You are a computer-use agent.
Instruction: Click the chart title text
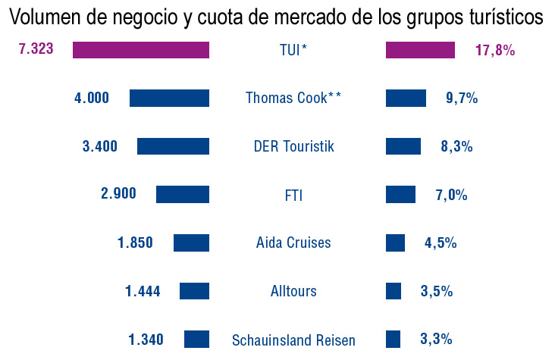pos(277,17)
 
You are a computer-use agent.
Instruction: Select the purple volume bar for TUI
pos(140,50)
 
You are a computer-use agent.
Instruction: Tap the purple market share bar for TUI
pos(420,50)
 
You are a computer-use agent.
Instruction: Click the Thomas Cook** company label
pos(293,98)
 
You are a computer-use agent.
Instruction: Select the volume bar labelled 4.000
pos(169,98)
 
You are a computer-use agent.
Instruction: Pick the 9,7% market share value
pos(462,98)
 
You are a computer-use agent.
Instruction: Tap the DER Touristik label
pos(293,146)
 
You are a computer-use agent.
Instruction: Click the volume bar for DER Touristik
pos(173,146)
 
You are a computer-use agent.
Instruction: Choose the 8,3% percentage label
pos(456,146)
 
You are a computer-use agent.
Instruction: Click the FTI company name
pos(293,195)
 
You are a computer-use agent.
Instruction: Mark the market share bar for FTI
pos(400,194)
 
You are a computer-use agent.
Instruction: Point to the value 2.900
pos(118,193)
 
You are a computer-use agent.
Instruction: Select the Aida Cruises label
pos(293,243)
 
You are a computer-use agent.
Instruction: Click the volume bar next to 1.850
pos(191,243)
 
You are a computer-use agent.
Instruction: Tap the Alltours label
pos(293,291)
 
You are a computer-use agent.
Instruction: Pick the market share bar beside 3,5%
pos(394,291)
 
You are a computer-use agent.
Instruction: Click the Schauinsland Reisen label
pos(293,340)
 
